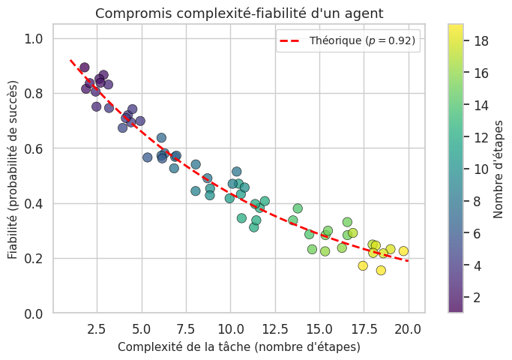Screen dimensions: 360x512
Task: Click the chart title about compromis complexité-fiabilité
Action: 238,13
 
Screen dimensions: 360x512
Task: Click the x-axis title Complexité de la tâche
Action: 238,347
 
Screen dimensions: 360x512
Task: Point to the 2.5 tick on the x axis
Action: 96,328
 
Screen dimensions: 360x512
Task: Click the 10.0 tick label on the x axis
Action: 230,328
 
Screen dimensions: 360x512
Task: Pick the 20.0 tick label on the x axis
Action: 409,328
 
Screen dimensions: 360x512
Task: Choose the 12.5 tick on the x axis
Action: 274,328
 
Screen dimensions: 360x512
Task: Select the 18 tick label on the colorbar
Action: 481,40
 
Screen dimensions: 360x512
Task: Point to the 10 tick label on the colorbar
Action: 481,169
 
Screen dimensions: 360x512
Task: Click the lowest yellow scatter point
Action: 381,270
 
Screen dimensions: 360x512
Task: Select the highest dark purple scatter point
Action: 84,67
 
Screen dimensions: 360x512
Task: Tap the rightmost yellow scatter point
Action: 403,251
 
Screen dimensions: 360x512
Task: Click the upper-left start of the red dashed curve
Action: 70,61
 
